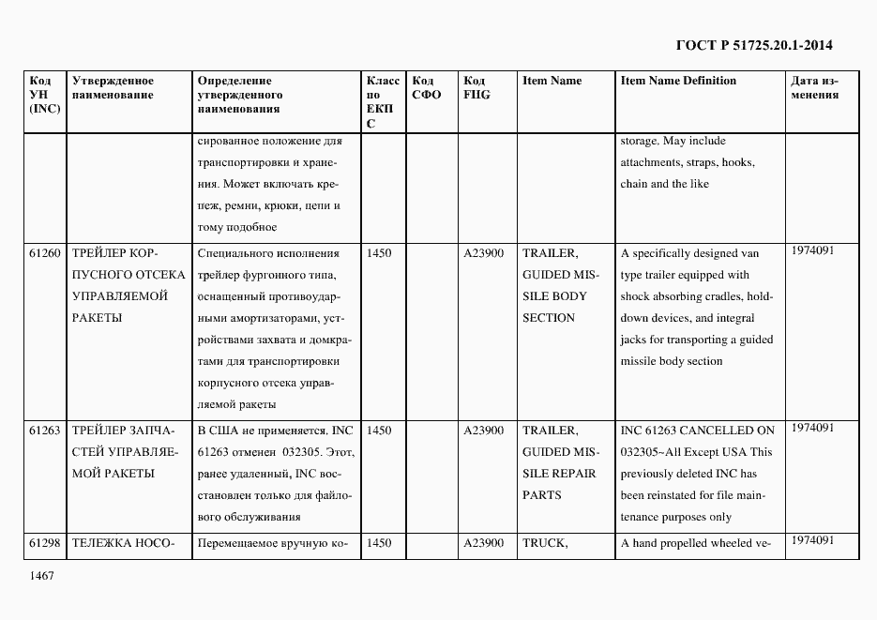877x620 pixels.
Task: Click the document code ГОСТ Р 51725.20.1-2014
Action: tap(754, 44)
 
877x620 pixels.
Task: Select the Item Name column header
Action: tap(552, 81)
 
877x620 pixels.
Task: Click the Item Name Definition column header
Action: tap(678, 81)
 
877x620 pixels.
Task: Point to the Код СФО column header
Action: tap(427, 87)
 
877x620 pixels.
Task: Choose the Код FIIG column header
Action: tap(476, 87)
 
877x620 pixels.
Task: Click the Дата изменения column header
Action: tap(815, 87)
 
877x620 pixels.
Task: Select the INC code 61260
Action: tap(44, 253)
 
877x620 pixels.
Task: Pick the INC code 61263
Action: tap(44, 431)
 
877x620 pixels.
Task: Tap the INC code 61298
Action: tap(44, 542)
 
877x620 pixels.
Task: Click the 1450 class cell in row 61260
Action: tap(379, 253)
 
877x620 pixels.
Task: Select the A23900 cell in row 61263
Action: tap(484, 431)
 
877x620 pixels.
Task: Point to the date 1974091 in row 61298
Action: tap(811, 540)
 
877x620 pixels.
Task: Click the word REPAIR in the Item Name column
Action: tap(573, 474)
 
